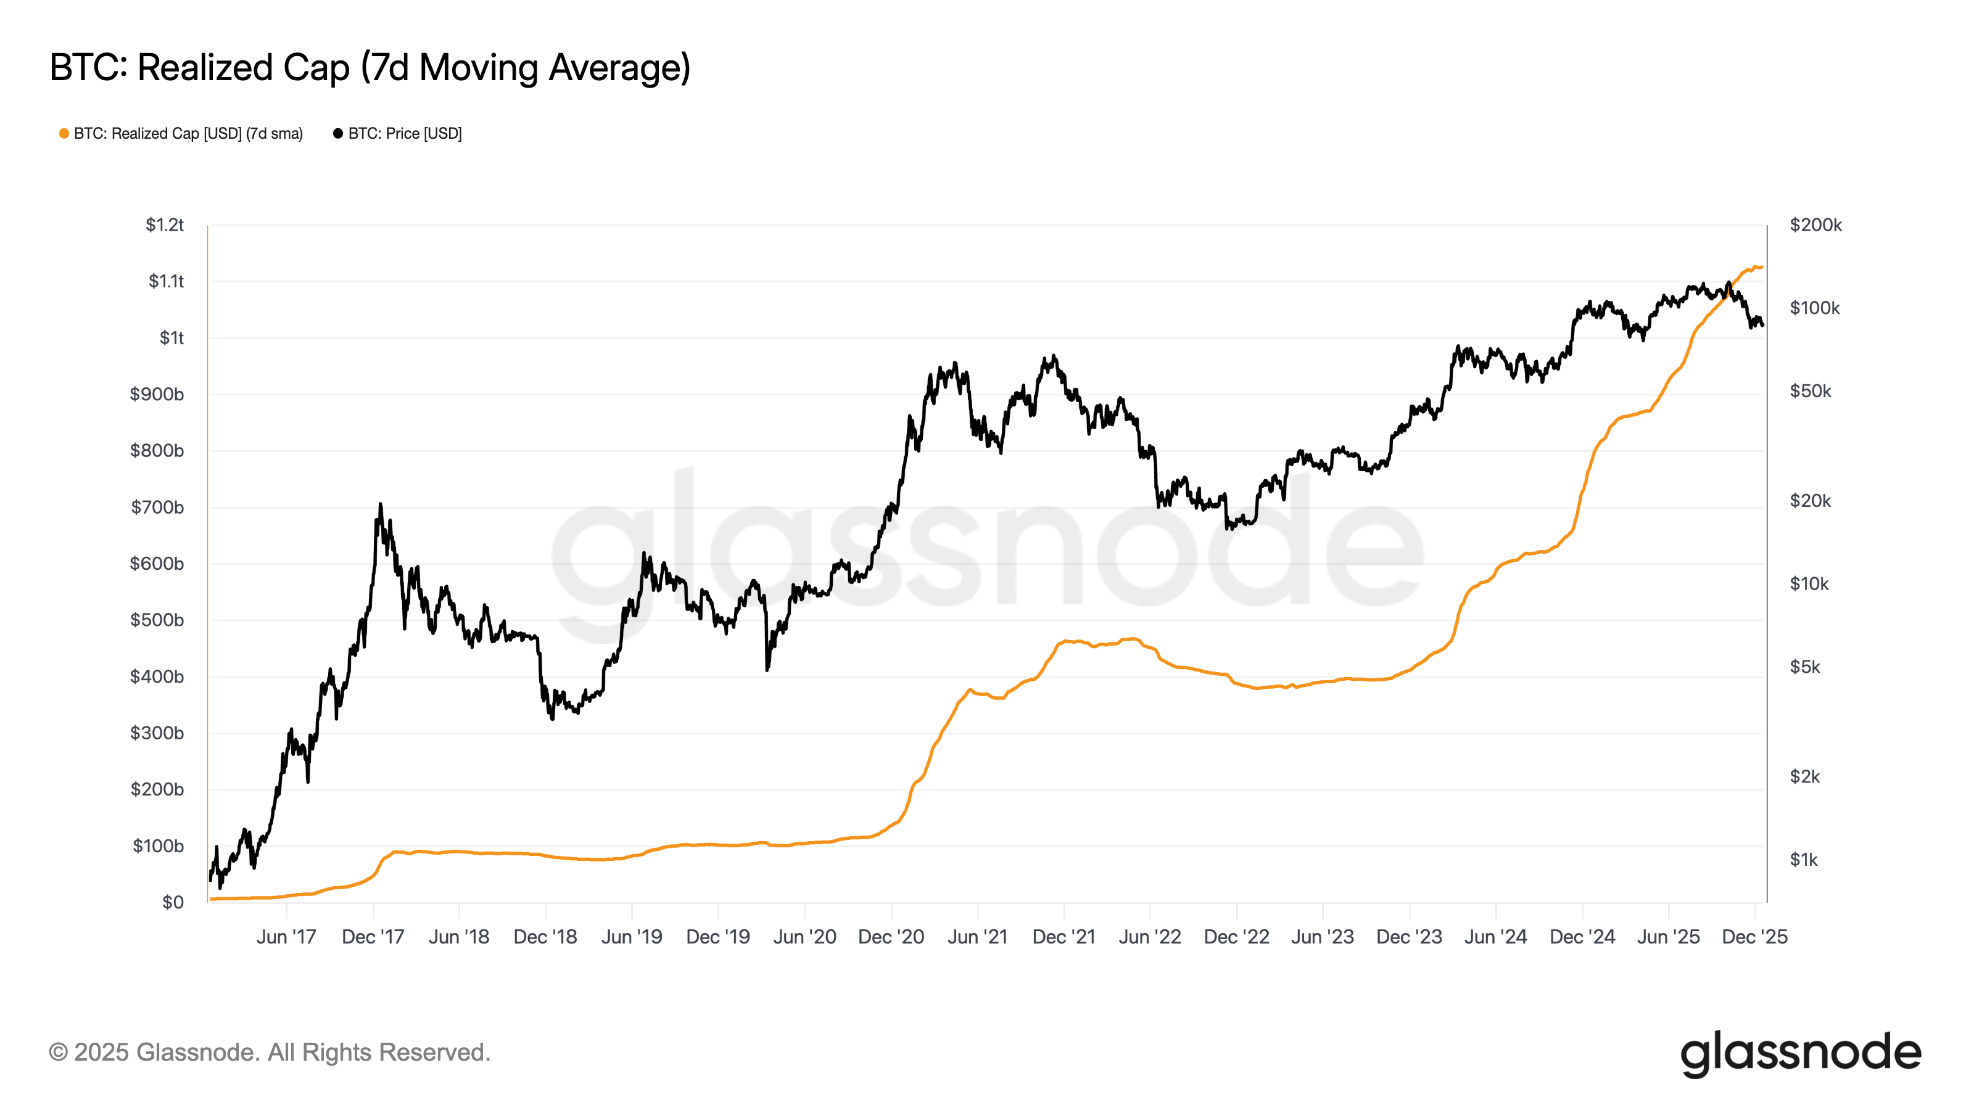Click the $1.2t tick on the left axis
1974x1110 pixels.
[x=165, y=225]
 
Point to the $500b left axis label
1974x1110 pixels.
[x=157, y=620]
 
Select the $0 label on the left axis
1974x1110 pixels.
[x=173, y=902]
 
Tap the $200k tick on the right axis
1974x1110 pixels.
[x=1815, y=225]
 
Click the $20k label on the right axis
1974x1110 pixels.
[x=1809, y=501]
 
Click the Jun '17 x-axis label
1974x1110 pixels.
[x=286, y=937]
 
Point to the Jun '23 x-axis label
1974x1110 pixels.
[x=1322, y=937]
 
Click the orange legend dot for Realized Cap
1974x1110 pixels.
[x=64, y=134]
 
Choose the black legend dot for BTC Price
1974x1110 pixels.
[x=338, y=134]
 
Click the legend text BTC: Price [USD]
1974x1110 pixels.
[x=405, y=134]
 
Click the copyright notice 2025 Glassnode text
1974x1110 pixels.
[x=269, y=1053]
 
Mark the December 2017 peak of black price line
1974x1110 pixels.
[x=380, y=505]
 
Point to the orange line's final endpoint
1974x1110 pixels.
[x=1762, y=268]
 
